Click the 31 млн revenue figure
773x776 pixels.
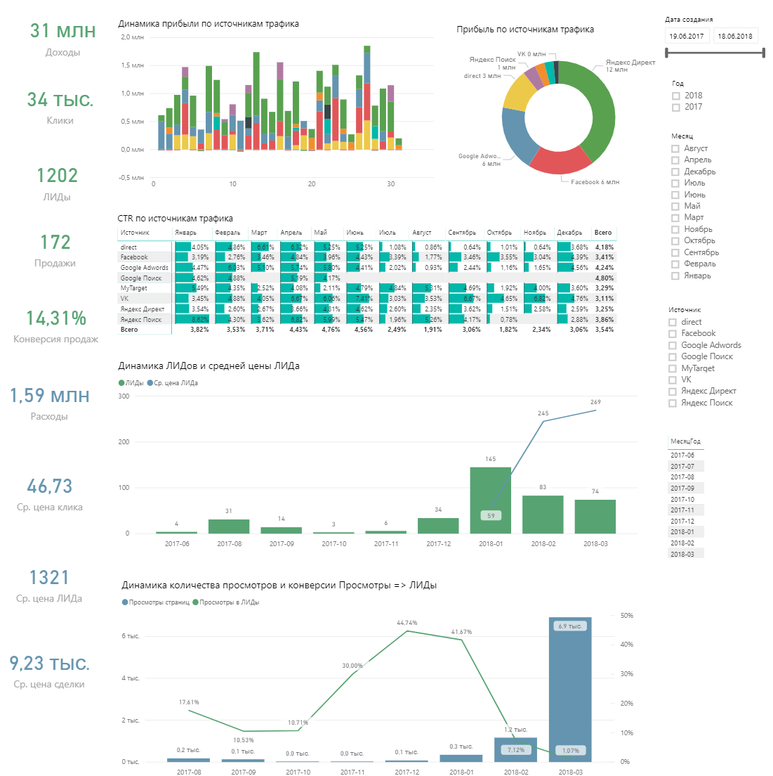coord(62,31)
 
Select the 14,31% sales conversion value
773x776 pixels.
coord(56,318)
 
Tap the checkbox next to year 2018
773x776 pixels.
coord(676,96)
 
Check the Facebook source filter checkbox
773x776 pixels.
coord(673,334)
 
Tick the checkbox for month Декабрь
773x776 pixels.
coord(675,172)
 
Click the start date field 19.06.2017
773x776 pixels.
coord(687,36)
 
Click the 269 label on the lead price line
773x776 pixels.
coord(595,402)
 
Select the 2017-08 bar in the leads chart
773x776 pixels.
coord(229,526)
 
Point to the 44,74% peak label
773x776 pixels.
coord(407,623)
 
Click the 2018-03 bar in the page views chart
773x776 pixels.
coord(570,689)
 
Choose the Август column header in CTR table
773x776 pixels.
coord(422,233)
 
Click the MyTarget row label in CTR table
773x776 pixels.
coord(134,288)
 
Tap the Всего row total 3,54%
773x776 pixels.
coord(604,330)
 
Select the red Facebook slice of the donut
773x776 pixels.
coord(559,160)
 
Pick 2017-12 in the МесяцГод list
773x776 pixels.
coord(682,522)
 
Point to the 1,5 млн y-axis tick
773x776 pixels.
coord(133,65)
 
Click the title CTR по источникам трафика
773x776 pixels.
coord(176,219)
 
